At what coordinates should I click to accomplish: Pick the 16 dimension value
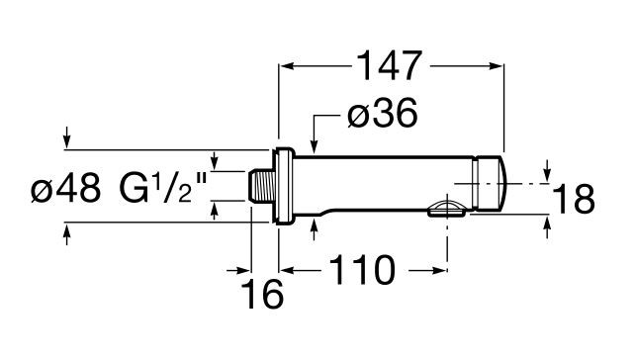pos(262,293)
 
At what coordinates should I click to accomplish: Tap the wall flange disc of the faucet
pos(284,186)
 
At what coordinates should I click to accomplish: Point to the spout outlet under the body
pos(446,209)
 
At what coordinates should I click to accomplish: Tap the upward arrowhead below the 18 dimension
pos(547,226)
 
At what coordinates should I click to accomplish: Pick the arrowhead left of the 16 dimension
pos(242,268)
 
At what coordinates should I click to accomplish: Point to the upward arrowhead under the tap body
pos(314,225)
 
